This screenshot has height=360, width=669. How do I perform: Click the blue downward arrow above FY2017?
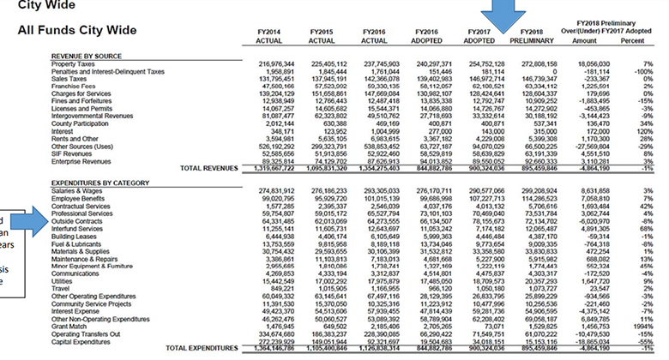[x=497, y=15]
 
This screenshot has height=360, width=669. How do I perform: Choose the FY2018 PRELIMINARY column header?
[x=527, y=36]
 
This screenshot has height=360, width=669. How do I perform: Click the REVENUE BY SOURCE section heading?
[x=87, y=54]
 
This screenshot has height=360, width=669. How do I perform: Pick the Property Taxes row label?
[x=74, y=63]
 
